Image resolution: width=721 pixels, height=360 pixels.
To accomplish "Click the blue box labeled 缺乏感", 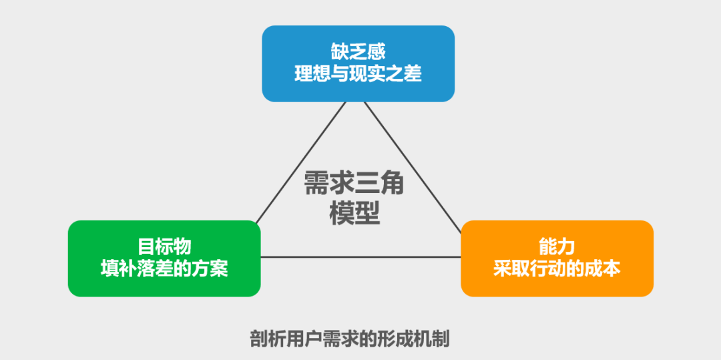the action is point(358,63).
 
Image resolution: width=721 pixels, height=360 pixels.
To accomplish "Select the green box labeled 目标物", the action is point(164,258).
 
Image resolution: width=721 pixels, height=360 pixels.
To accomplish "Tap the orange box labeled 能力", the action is point(557,258).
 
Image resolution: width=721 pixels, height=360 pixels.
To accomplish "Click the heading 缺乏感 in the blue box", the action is point(358,52).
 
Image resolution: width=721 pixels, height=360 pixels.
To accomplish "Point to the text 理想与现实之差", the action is point(358,74).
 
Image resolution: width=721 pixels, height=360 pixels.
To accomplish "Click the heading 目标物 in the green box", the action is point(164,247).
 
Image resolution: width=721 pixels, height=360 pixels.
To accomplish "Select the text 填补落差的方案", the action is point(164,269).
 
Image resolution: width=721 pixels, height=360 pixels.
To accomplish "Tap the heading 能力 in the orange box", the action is point(557,247).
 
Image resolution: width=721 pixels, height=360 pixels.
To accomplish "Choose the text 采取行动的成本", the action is point(557,269).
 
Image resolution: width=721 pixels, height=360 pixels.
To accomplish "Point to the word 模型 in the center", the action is point(354,214).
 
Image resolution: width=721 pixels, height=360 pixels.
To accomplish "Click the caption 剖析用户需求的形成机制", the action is point(349,339).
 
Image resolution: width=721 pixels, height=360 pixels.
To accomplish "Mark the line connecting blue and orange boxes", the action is point(413,167).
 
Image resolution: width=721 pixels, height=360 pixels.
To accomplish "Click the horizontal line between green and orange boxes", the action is point(360,257).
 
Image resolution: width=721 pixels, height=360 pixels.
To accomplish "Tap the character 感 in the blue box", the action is point(377,52).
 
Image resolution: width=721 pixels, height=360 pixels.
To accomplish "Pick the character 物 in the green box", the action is point(182,247).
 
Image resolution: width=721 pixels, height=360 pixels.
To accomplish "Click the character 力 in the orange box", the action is point(566,247).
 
